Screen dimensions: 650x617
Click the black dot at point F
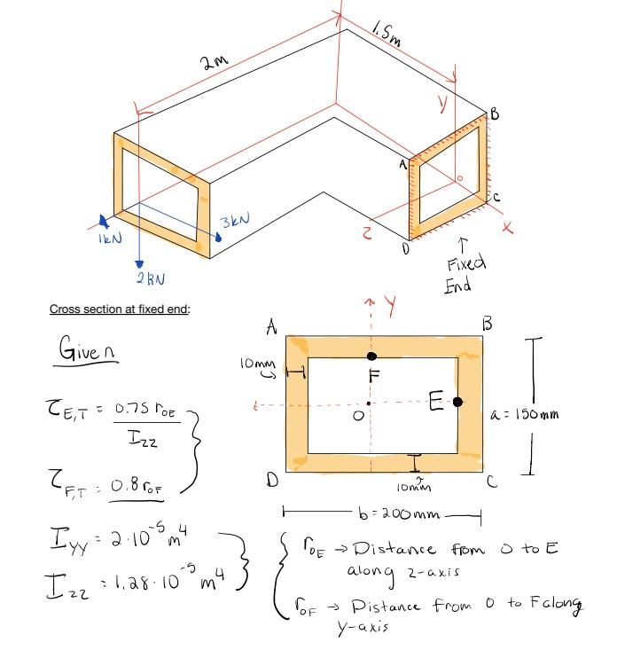pos(371,356)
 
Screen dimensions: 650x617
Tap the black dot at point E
pos(457,402)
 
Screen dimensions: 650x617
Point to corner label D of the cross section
pos(269,482)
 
